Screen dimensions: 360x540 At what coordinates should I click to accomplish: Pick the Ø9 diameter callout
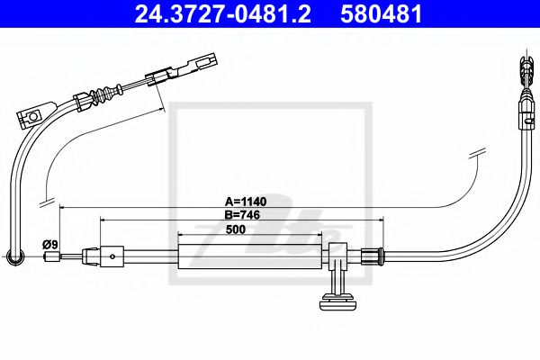[x=50, y=244]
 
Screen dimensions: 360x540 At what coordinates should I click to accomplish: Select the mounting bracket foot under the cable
[x=339, y=299]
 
